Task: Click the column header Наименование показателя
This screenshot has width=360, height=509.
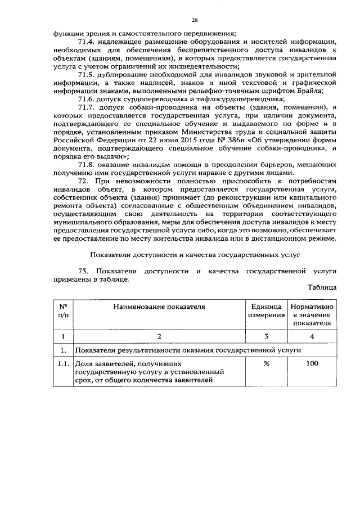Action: click(x=159, y=307)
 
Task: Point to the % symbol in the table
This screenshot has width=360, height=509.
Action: click(x=265, y=364)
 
